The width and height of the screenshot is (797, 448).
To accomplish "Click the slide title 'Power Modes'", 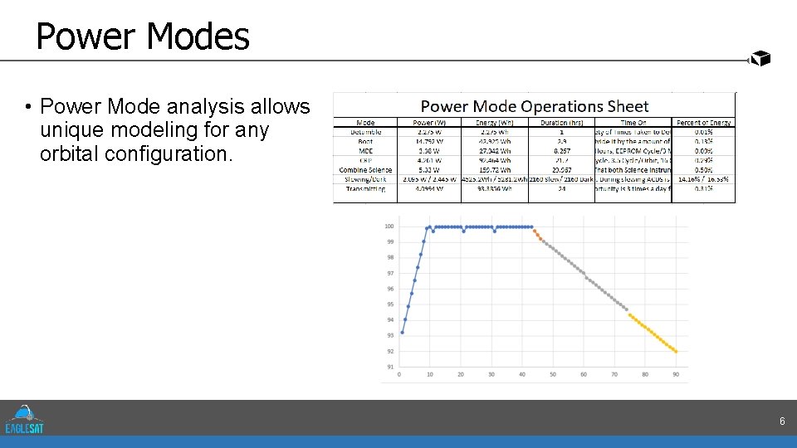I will (142, 37).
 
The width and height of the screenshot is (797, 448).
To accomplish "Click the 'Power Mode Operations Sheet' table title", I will (534, 106).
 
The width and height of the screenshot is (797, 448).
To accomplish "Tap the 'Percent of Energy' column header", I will (704, 123).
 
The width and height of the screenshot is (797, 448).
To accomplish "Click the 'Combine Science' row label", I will (365, 170).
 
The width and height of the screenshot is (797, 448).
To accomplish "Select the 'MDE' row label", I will (365, 151).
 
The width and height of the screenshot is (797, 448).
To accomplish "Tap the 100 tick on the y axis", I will (389, 226).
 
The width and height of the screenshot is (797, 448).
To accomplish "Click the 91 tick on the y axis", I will (389, 366).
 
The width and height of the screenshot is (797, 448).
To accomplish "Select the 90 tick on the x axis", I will (676, 375).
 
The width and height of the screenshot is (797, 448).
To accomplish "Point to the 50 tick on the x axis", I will (553, 375).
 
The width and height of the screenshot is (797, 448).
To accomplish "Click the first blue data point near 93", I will (402, 333).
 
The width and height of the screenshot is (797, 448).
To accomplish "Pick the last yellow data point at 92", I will (676, 352).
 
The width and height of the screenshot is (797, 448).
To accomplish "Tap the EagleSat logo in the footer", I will (24, 419).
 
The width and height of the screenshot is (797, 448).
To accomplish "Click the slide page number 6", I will (781, 421).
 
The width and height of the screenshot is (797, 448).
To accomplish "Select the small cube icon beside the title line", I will (760, 58).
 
